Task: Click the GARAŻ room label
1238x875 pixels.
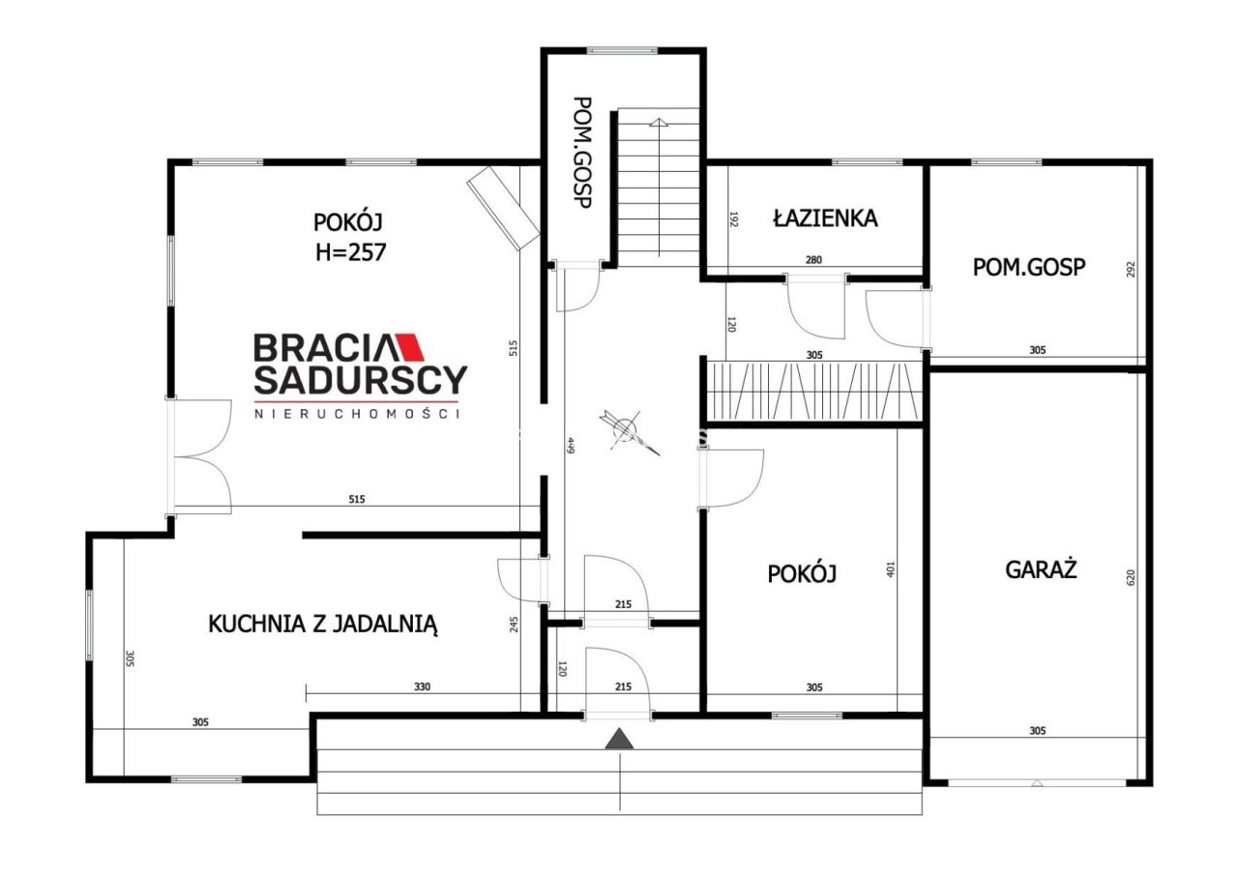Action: (1041, 569)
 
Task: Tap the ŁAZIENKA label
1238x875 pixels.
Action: (825, 218)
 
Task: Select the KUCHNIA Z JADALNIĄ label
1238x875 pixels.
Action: (324, 625)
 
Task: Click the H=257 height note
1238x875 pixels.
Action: (350, 252)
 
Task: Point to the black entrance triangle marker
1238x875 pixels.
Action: (619, 740)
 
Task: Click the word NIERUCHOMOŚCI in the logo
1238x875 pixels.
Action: (357, 413)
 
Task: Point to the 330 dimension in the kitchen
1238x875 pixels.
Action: (422, 687)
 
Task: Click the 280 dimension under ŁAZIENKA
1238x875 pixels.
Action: (813, 259)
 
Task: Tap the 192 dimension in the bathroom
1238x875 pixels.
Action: (734, 219)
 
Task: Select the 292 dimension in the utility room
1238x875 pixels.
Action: (1131, 270)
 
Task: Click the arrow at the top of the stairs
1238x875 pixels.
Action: (659, 123)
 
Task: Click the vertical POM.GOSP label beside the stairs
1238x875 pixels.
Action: (582, 160)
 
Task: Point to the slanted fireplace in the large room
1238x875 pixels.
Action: (503, 208)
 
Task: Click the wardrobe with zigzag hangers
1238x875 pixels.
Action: (812, 391)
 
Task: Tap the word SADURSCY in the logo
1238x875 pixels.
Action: (360, 381)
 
